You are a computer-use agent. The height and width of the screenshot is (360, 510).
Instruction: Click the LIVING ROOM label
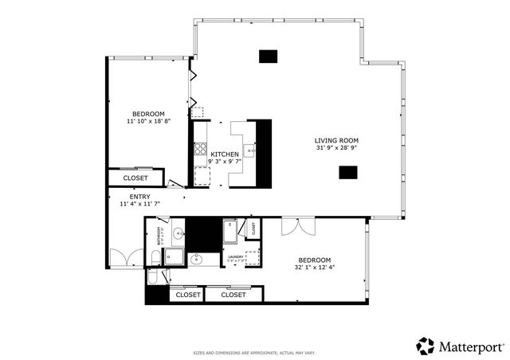coord(336,140)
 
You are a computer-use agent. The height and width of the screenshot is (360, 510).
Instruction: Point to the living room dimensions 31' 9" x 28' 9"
coord(336,148)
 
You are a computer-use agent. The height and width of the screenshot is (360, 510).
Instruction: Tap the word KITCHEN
coord(224,154)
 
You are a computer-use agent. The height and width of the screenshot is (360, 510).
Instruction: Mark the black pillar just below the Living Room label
coord(347,172)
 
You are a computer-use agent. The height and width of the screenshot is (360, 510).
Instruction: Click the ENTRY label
coord(139,197)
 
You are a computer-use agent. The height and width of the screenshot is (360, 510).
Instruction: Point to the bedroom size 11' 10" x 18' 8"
coord(148,122)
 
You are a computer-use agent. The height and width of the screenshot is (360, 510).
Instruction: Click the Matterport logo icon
coord(426,346)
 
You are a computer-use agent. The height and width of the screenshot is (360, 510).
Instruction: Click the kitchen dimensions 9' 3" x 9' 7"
coord(224,161)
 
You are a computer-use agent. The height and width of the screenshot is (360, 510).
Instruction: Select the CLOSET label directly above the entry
coord(135,178)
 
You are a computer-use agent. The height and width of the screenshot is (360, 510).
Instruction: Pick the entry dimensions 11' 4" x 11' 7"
coord(139,204)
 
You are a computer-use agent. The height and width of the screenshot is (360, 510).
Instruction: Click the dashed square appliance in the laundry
coord(253,257)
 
